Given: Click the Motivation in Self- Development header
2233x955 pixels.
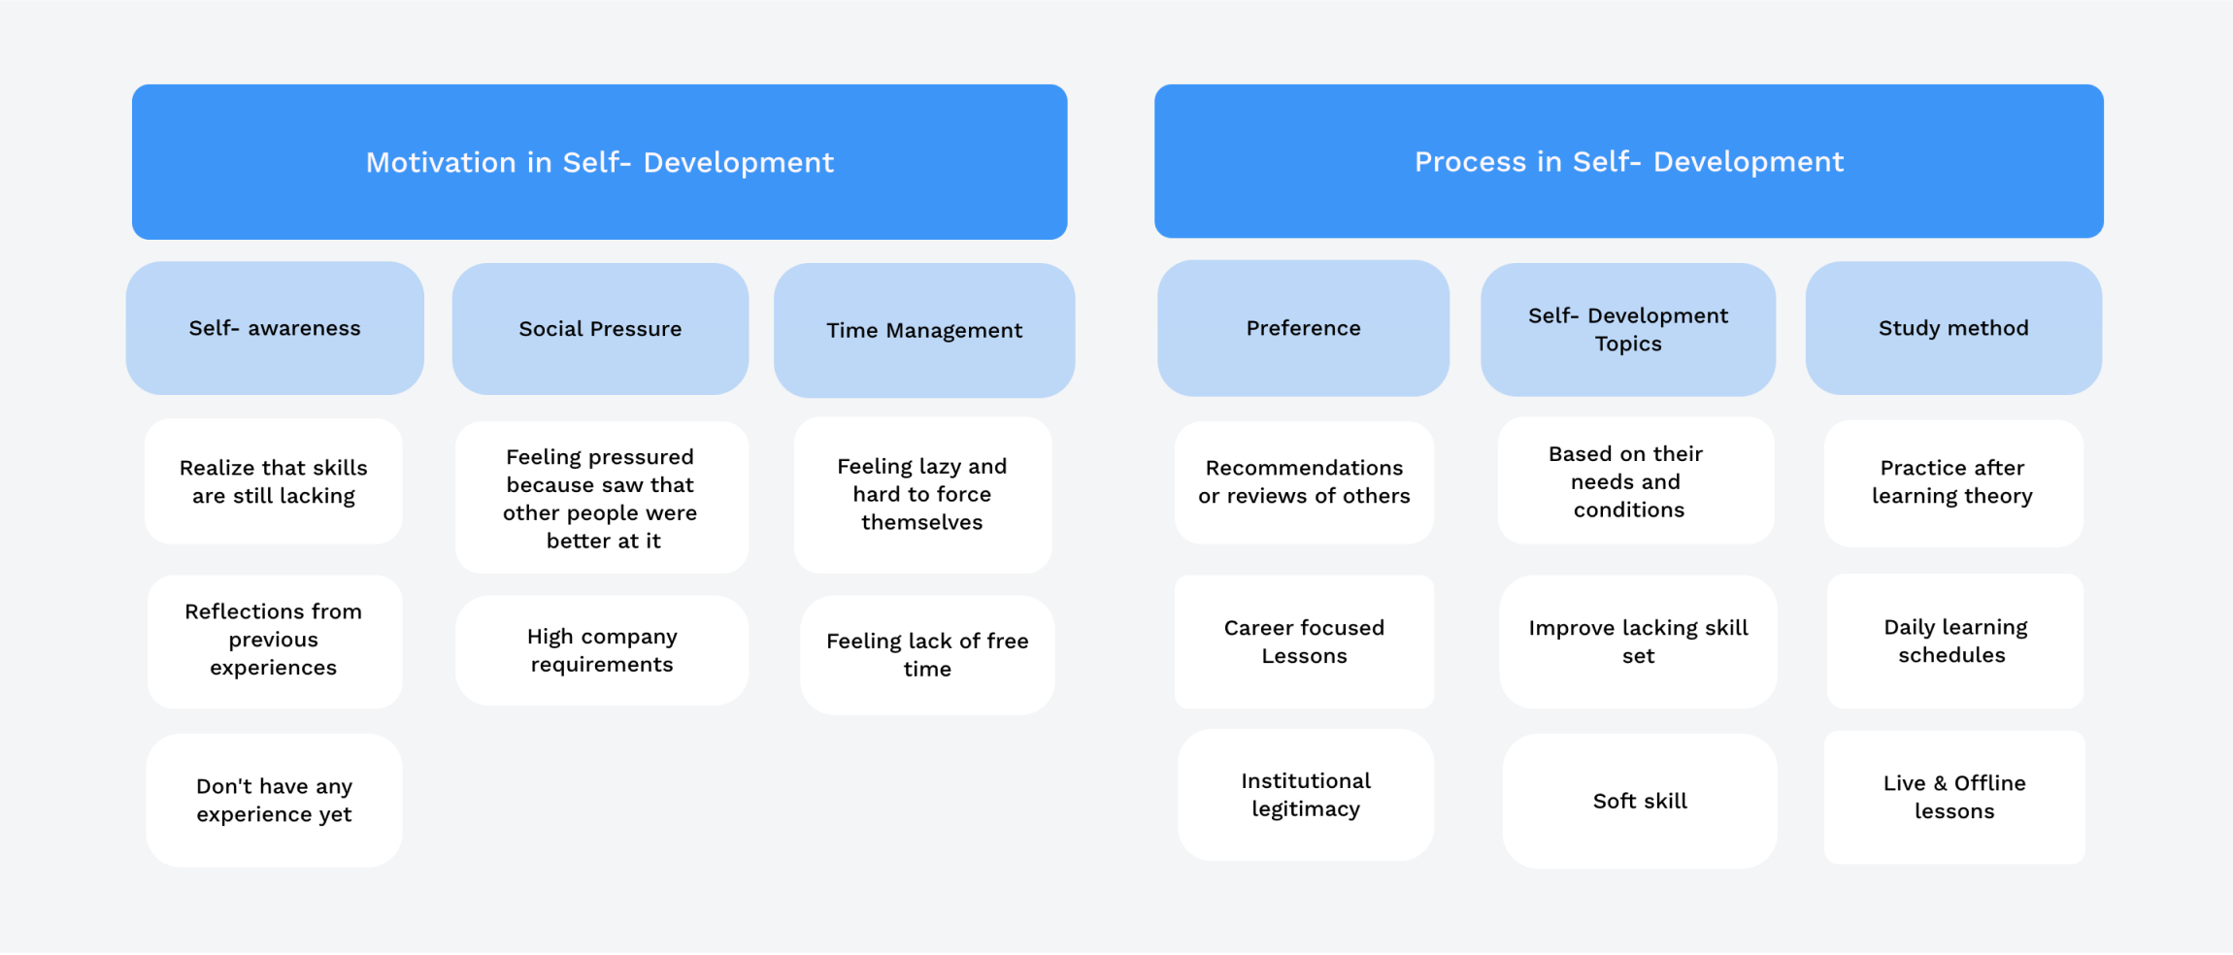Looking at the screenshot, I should [x=599, y=162].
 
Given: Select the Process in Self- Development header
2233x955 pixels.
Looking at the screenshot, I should [x=1628, y=161].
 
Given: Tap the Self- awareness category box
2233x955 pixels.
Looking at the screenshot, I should [x=275, y=328].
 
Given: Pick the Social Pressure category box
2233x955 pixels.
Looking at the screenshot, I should [x=600, y=329].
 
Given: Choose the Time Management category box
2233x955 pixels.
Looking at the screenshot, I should [x=924, y=330].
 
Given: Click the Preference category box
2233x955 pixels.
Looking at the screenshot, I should [x=1303, y=328].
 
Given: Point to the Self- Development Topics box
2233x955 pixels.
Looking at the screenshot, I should [x=1628, y=329].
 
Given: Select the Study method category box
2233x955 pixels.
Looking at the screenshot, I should [x=1953, y=328].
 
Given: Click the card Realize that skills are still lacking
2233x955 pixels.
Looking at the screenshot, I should [x=274, y=481].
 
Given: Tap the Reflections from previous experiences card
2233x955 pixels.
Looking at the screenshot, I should [x=274, y=641].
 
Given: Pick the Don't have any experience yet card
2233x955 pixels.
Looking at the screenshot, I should [x=274, y=800].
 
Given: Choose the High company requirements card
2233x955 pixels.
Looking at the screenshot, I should [x=602, y=650].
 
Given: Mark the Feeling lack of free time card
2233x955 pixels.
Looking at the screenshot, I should [x=927, y=655].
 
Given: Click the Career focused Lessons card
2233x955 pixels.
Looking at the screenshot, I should [x=1304, y=642].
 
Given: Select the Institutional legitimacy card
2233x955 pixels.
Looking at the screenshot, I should [x=1306, y=795].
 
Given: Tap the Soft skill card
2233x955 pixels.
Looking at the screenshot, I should [x=1640, y=801].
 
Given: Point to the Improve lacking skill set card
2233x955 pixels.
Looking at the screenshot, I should [x=1638, y=642].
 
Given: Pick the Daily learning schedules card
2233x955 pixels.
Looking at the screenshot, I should [x=1954, y=641].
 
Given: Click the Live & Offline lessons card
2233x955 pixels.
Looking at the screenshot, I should [x=1954, y=797].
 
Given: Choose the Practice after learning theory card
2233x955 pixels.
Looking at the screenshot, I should [x=1952, y=482].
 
